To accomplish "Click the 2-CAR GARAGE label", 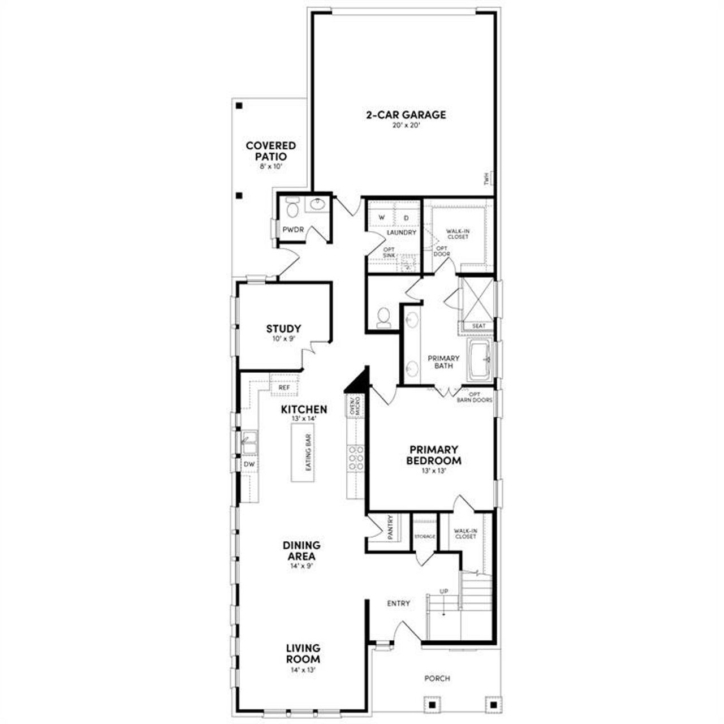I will pyautogui.click(x=406, y=115).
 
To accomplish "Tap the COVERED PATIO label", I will pyautogui.click(x=270, y=151).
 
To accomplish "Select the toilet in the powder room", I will pyautogui.click(x=292, y=209).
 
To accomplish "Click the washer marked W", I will pyautogui.click(x=381, y=218).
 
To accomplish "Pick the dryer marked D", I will pyautogui.click(x=406, y=218).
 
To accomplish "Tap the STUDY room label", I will pyautogui.click(x=283, y=329).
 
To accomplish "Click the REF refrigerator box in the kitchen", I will pyautogui.click(x=284, y=387).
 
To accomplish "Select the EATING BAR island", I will pyautogui.click(x=303, y=453).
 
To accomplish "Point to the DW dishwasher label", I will pyautogui.click(x=249, y=464).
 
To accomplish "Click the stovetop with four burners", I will pyautogui.click(x=356, y=458).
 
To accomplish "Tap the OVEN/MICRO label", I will pyautogui.click(x=355, y=406).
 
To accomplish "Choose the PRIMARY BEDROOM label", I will pyautogui.click(x=434, y=455).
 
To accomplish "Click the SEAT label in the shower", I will pyautogui.click(x=479, y=326).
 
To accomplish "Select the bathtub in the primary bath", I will pyautogui.click(x=480, y=359).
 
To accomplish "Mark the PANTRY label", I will pyautogui.click(x=390, y=527).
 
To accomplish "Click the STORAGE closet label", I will pyautogui.click(x=424, y=536).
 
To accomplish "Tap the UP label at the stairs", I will pyautogui.click(x=444, y=592).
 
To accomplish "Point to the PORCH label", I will pyautogui.click(x=437, y=678).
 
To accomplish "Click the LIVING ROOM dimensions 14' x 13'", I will pyautogui.click(x=303, y=670).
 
